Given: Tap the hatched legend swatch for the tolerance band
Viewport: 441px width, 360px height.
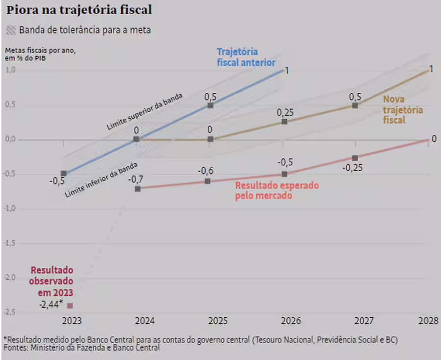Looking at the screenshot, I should (11, 30).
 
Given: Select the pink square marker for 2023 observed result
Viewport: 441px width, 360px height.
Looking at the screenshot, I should (70, 306).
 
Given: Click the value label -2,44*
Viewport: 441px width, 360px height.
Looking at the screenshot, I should (51, 305).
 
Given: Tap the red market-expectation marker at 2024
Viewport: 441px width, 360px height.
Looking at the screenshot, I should (137, 188).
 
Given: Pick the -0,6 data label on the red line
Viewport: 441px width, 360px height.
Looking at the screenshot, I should (206, 171).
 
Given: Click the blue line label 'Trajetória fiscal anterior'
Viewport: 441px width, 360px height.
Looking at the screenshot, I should (245, 57).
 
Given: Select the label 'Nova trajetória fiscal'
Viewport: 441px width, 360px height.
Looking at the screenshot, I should (402, 109).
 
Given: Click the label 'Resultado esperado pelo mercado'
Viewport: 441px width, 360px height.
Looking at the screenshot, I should (277, 191).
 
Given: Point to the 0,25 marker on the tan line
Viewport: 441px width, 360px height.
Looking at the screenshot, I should (284, 121).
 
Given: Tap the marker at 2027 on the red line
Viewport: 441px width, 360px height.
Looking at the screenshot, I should (355, 158).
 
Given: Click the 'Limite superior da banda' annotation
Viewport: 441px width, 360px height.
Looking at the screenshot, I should (144, 112).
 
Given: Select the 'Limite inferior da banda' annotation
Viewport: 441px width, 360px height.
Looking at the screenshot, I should (101, 180).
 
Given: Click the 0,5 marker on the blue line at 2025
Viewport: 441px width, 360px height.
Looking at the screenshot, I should (210, 105).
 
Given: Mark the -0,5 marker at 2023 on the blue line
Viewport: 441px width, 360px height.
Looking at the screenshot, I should (64, 174).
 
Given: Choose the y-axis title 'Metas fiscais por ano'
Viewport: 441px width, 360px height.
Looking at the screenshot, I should (41, 51).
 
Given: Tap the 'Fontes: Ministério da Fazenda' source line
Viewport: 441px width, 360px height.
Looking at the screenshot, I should (81, 348).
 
